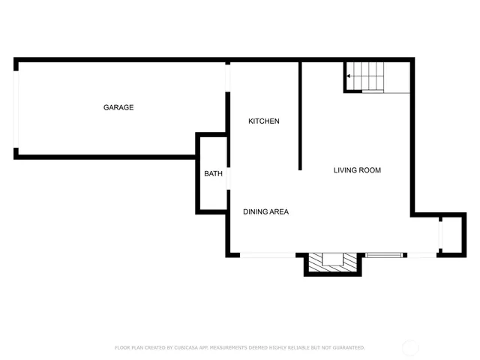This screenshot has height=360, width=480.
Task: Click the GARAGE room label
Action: tap(118, 107)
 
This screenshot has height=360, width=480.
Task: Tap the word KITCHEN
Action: tap(264, 121)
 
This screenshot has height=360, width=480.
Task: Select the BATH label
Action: tap(214, 174)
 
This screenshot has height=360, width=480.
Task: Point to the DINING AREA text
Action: tap(265, 211)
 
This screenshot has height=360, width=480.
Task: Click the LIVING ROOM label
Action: tap(357, 170)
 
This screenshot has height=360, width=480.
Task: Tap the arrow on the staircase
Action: tap(349, 76)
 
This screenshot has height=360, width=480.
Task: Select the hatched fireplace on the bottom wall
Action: tap(332, 262)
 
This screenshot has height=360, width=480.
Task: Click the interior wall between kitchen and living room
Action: tap(300, 116)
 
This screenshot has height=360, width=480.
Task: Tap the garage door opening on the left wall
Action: tap(16, 109)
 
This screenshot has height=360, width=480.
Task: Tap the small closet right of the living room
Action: tap(447, 235)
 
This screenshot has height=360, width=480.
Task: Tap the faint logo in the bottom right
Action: tap(411, 347)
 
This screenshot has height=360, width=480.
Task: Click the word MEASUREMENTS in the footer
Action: tap(238, 348)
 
